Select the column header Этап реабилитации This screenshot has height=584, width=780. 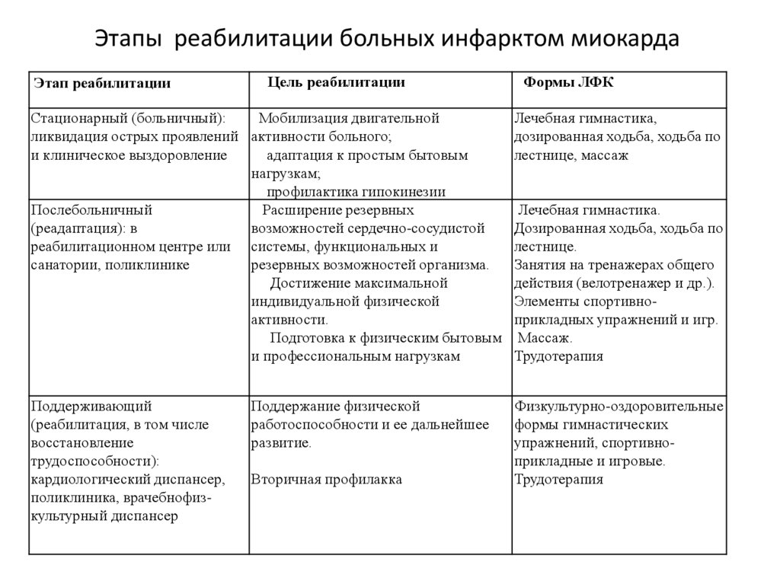click(101, 84)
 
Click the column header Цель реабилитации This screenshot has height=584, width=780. click(336, 82)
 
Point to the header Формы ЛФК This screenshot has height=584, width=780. click(568, 82)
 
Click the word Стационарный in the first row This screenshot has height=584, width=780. click(78, 119)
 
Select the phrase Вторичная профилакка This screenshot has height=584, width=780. click(326, 480)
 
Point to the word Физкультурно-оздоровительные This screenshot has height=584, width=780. click(619, 406)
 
